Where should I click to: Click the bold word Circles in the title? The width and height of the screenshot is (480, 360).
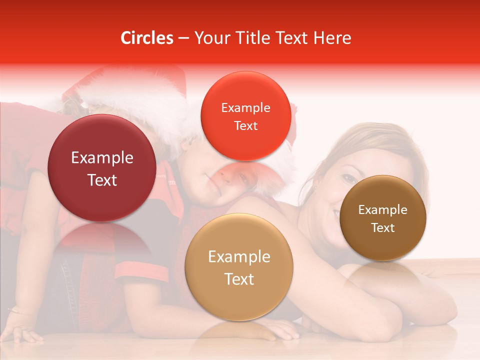146,38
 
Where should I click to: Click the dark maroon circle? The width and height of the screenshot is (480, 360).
102,168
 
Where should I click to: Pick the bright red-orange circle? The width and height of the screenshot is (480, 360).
245,116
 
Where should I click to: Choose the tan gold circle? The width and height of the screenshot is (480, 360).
238,267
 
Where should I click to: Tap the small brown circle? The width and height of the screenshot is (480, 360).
382,218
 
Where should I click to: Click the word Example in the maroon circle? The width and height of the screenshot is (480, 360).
102,158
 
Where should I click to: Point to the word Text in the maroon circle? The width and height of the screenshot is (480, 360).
102,180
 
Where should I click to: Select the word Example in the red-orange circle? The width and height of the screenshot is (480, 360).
245,107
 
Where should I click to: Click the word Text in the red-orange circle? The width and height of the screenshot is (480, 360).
245,125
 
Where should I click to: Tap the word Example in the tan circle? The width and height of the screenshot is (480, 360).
239,257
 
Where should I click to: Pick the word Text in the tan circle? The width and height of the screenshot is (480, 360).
239,279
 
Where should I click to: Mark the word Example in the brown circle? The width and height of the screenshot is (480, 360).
382,210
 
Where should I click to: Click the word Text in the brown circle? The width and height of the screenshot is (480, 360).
382,228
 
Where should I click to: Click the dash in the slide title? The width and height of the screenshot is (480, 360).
183,38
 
